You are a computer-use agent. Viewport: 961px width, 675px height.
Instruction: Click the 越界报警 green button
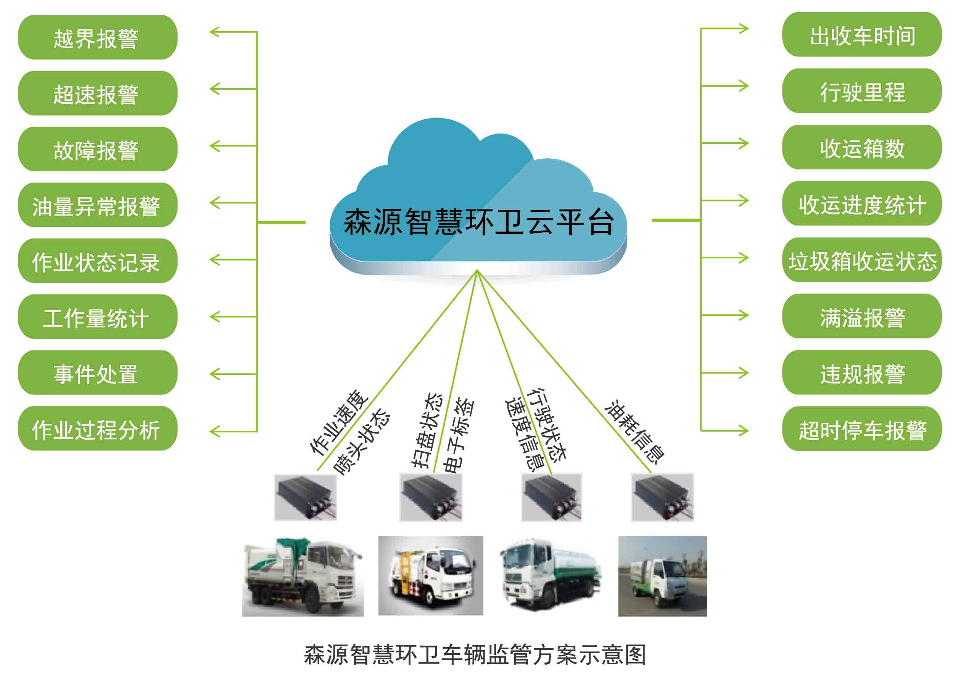97,38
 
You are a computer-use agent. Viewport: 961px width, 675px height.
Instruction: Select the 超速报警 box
97,93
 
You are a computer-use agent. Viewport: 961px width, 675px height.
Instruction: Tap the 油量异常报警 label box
97,205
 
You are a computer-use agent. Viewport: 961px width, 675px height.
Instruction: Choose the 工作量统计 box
97,317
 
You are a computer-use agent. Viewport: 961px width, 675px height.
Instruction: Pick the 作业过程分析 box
97,429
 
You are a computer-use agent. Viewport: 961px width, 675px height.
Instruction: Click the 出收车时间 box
861,35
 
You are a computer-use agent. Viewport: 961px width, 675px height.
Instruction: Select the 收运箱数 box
861,148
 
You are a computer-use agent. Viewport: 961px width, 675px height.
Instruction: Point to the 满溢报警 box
861,317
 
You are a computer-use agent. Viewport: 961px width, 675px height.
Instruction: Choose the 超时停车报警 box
861,429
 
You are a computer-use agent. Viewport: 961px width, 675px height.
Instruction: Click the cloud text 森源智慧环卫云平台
478,222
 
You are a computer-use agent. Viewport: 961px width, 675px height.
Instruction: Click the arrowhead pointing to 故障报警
215,146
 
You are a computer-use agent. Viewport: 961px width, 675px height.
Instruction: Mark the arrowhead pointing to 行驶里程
743,86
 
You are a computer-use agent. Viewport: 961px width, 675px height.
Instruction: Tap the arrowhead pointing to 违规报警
743,373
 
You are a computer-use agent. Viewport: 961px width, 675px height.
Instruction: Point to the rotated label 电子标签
459,435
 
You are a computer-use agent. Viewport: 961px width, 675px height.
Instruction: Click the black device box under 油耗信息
662,497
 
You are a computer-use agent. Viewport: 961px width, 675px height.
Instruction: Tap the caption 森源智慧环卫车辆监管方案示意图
475,654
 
